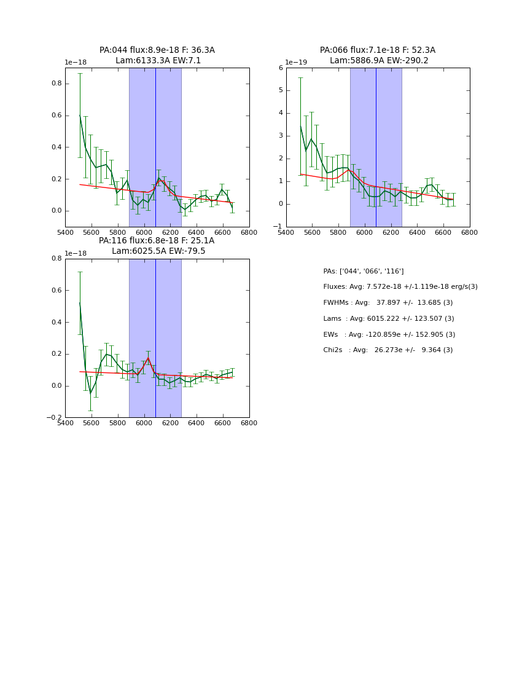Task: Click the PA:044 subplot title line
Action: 157,50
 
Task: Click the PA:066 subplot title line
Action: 378,50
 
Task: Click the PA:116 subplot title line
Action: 157,241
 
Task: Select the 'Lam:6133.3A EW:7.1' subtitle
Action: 158,61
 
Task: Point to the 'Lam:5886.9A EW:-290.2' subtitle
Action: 379,61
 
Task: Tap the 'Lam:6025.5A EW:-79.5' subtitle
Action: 158,251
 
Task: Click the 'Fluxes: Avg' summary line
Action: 400,287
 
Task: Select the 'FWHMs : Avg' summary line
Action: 388,303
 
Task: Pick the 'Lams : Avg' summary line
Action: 388,319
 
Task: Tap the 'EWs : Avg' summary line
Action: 389,335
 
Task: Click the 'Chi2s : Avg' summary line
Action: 388,350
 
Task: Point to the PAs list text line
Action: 363,272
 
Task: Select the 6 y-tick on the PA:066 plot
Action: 280,68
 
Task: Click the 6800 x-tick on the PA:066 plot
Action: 470,232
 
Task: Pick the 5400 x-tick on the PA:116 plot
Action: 65,423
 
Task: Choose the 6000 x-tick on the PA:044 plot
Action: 144,232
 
